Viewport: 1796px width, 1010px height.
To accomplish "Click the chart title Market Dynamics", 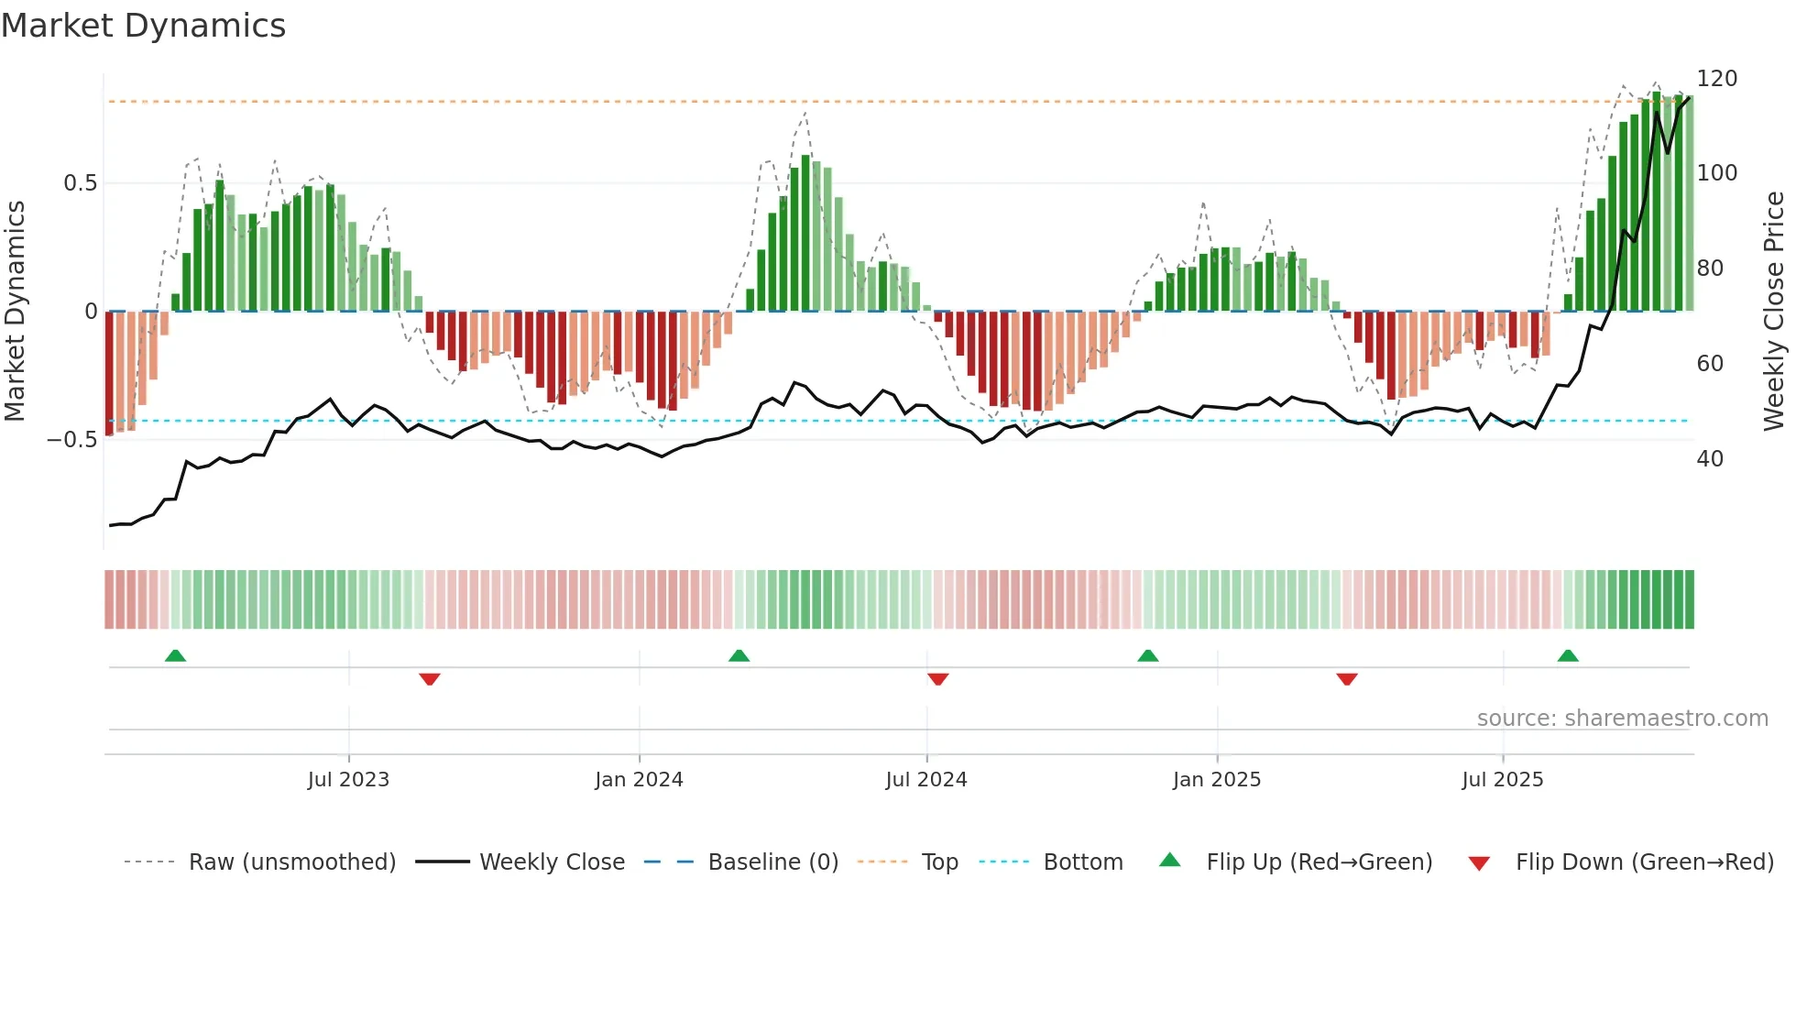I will pos(143,26).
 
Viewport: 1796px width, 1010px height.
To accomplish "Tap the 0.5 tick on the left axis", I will pos(80,183).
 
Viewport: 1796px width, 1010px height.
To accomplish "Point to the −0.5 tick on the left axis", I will pos(72,440).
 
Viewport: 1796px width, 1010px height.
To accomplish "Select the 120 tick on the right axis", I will pos(1716,79).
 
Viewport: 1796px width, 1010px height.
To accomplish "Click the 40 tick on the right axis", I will pos(1710,459).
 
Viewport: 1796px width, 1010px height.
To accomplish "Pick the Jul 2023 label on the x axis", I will pos(348,780).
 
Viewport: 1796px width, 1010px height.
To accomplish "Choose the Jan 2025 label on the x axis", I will pos(1217,780).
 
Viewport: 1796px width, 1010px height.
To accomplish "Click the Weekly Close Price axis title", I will pos(1774,312).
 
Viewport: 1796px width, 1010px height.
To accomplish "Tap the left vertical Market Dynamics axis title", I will pos(15,312).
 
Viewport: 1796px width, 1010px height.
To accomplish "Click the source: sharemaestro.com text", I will pos(1622,719).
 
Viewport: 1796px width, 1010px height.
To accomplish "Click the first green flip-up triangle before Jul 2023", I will pos(175,655).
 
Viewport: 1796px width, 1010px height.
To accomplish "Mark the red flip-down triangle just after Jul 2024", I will pos(937,679).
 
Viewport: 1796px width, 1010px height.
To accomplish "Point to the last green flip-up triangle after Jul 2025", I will pos(1568,655).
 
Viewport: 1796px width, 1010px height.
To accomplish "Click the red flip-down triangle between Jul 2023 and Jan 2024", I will pos(430,679).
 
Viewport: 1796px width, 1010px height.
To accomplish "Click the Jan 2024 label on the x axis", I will pos(639,780).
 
